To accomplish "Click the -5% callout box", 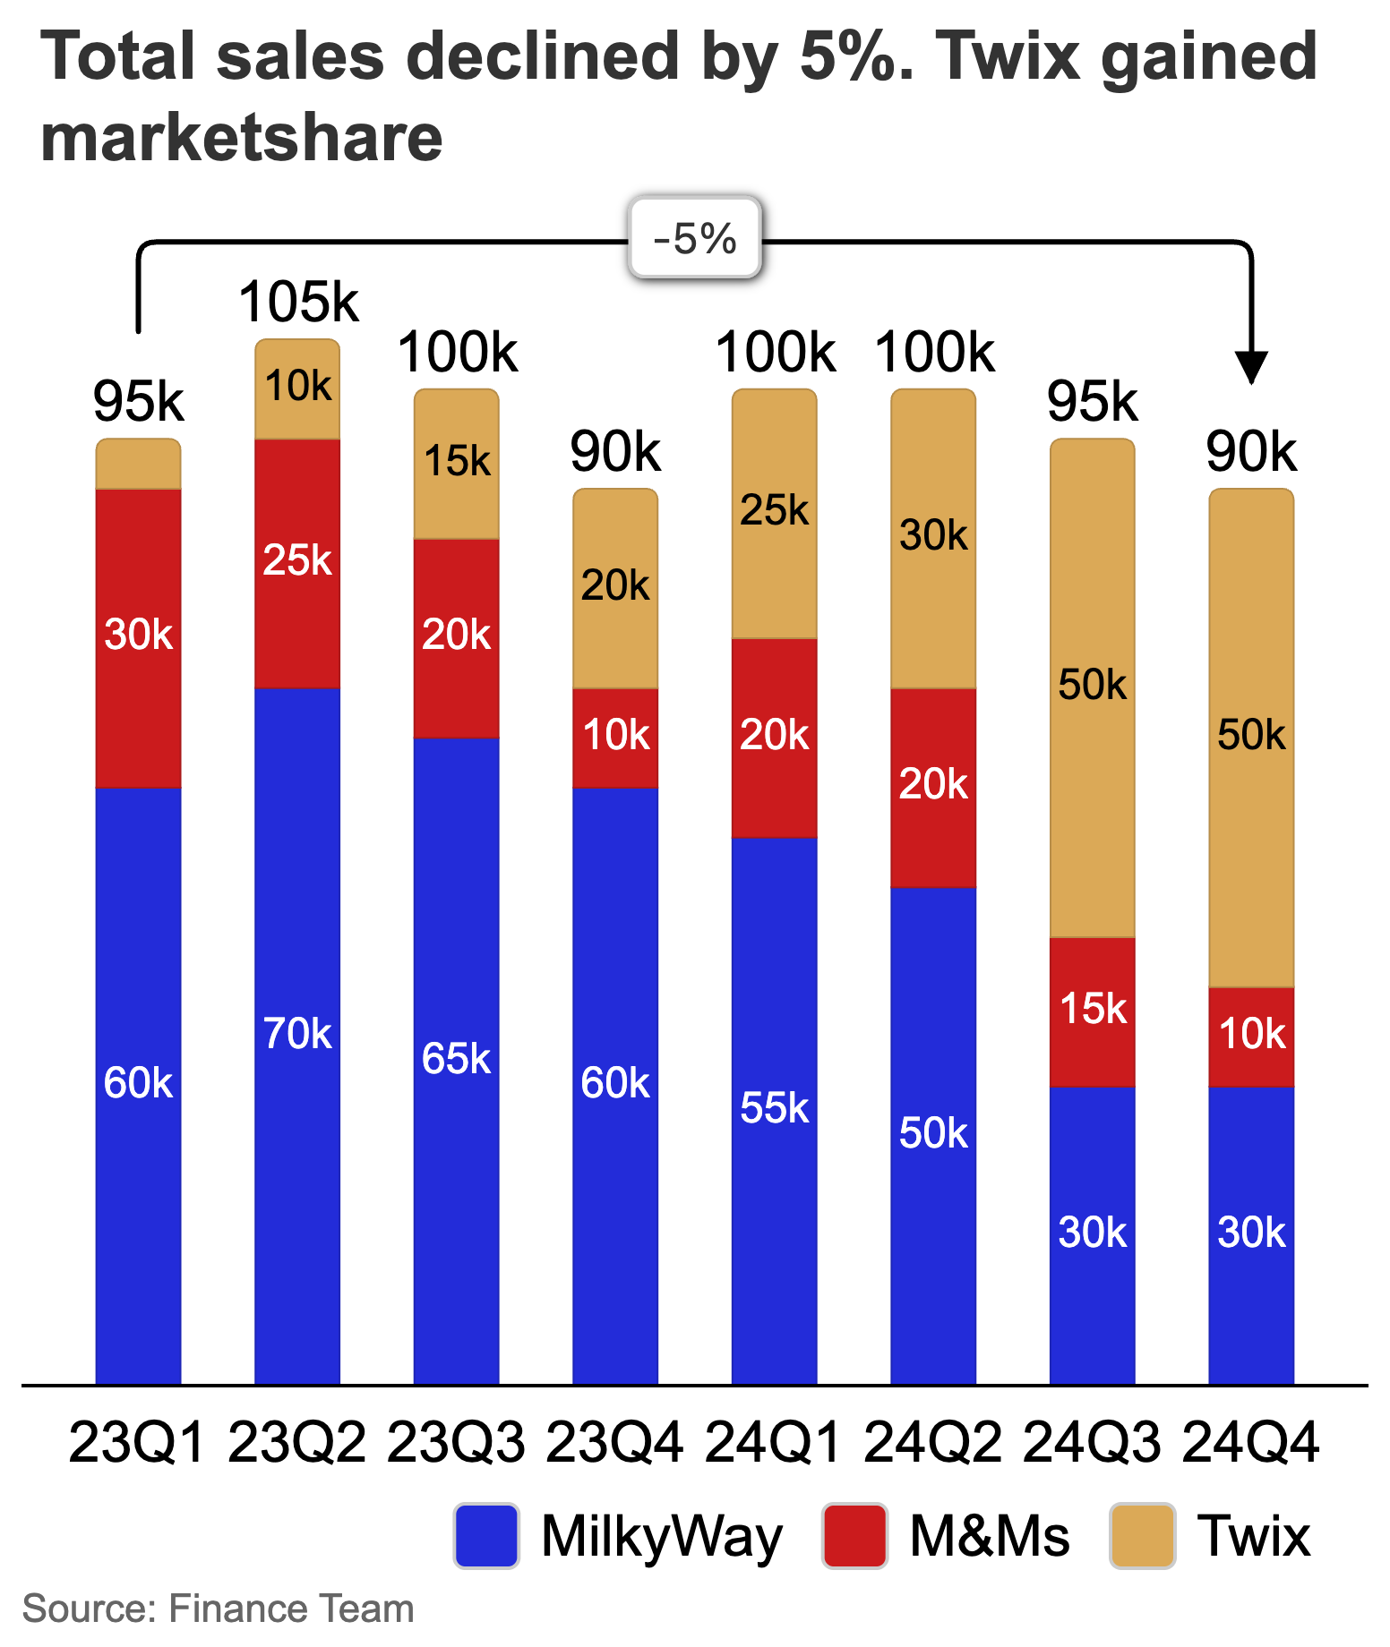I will click(694, 237).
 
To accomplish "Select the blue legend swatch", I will click(486, 1535).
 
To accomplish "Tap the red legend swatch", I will click(854, 1535).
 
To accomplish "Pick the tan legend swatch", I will click(1142, 1535).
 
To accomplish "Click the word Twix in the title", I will click(1007, 56).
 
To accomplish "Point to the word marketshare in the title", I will click(242, 139).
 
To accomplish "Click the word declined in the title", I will click(543, 56).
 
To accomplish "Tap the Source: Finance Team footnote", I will click(218, 1609).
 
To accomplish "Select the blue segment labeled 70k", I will click(297, 1034).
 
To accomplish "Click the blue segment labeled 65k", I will click(456, 1059).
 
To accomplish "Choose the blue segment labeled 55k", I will click(774, 1109).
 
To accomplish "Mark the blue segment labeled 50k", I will click(933, 1134).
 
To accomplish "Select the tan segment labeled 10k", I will click(297, 388).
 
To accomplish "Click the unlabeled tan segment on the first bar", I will click(138, 464).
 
